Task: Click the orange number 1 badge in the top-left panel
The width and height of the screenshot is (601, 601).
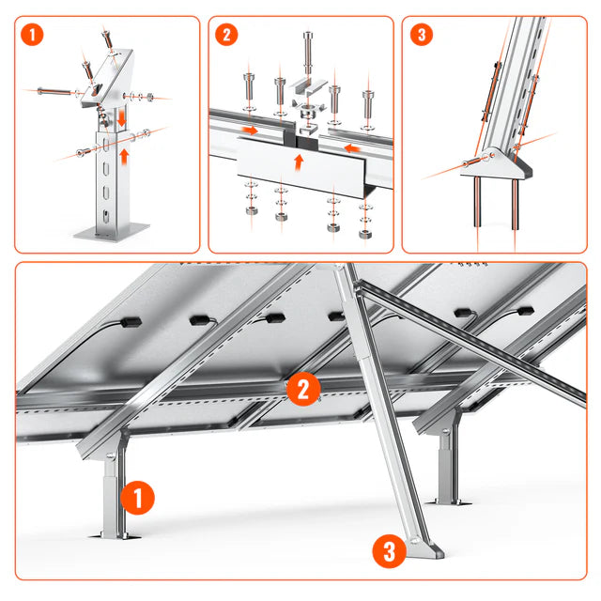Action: click(x=35, y=35)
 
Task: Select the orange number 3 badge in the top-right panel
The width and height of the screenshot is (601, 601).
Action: click(x=422, y=35)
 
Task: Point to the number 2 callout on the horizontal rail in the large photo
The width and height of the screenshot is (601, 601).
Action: click(x=302, y=388)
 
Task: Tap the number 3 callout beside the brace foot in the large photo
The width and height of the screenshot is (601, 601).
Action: click(x=390, y=550)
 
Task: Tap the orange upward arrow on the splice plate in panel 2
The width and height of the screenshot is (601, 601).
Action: click(x=299, y=161)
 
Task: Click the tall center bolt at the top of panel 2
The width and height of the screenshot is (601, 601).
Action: click(x=307, y=52)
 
